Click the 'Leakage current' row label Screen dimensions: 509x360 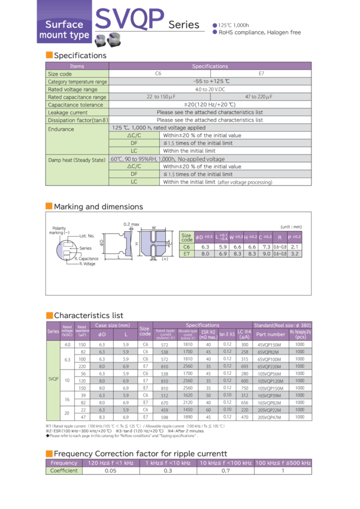[x=68, y=112]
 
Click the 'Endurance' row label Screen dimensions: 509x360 [x=61, y=129]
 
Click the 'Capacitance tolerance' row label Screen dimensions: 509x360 [x=72, y=104]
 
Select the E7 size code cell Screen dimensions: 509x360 [x=187, y=254]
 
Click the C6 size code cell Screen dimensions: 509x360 [x=187, y=246]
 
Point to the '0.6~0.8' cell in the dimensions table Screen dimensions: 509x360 [x=279, y=254]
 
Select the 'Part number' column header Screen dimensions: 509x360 [x=271, y=334]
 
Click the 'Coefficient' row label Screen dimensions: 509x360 [x=64, y=471]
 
